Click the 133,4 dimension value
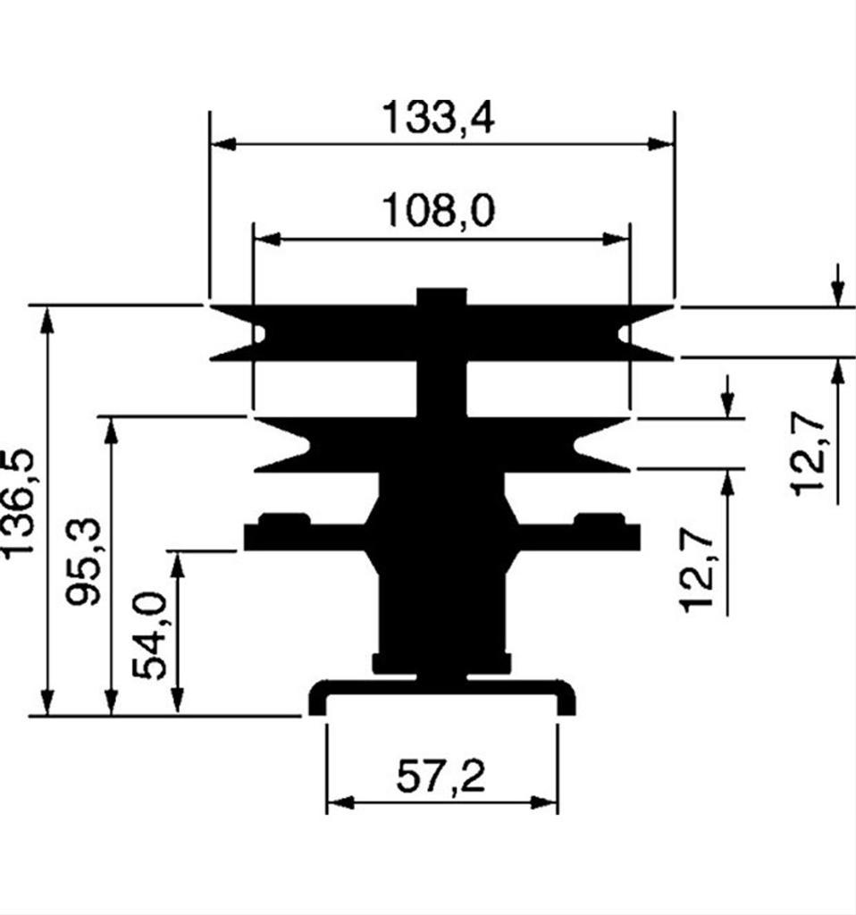(438, 117)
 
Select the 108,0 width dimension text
(438, 213)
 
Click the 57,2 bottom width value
(441, 778)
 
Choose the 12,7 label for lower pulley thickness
(697, 572)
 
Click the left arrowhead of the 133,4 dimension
(222, 144)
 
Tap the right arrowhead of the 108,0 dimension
(617, 239)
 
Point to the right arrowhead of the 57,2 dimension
(545, 802)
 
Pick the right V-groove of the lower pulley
(590, 444)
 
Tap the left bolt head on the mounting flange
(283, 519)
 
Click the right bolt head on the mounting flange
(599, 519)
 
